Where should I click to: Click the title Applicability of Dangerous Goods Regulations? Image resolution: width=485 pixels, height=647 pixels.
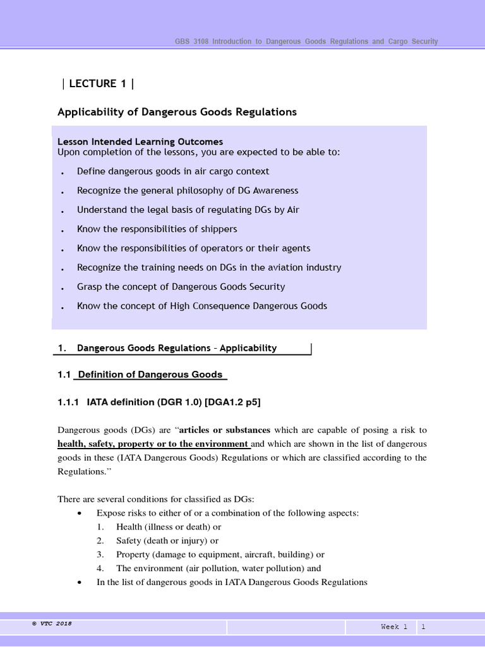pyautogui.click(x=177, y=112)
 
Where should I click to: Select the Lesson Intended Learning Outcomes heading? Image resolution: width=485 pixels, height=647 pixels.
pyautogui.click(x=140, y=142)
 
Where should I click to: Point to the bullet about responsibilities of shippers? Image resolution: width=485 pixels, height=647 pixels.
pyautogui.click(x=157, y=229)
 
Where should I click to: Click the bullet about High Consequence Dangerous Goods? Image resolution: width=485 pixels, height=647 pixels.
pyautogui.click(x=201, y=306)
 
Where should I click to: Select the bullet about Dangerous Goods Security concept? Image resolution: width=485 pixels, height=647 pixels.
pyautogui.click(x=181, y=286)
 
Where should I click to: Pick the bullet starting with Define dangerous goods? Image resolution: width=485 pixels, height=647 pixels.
pyautogui.click(x=172, y=171)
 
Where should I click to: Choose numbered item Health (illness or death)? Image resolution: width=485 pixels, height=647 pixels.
pyautogui.click(x=168, y=527)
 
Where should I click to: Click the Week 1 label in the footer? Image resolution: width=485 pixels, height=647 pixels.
pyautogui.click(x=394, y=627)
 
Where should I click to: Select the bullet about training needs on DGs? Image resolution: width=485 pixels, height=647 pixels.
pyautogui.click(x=208, y=267)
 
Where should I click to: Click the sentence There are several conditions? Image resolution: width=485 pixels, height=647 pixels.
pyautogui.click(x=155, y=499)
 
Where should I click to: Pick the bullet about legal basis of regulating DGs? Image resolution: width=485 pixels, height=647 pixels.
pyautogui.click(x=188, y=210)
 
